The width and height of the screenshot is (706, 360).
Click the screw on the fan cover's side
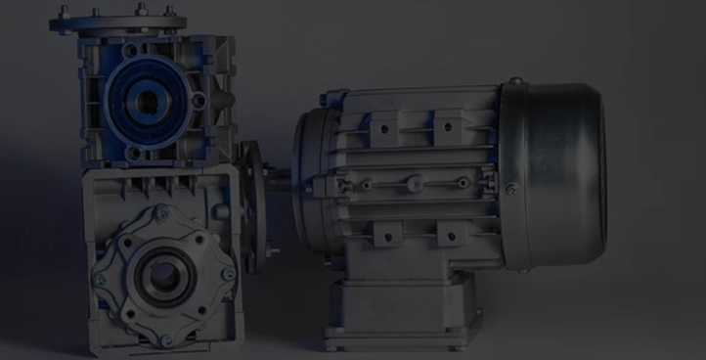tap(509, 189)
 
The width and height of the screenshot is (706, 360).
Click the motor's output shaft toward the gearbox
tap(279, 178)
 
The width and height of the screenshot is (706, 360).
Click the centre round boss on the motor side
tap(414, 182)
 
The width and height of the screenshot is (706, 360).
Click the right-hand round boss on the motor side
tap(463, 182)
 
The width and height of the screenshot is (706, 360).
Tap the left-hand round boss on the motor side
tap(365, 184)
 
